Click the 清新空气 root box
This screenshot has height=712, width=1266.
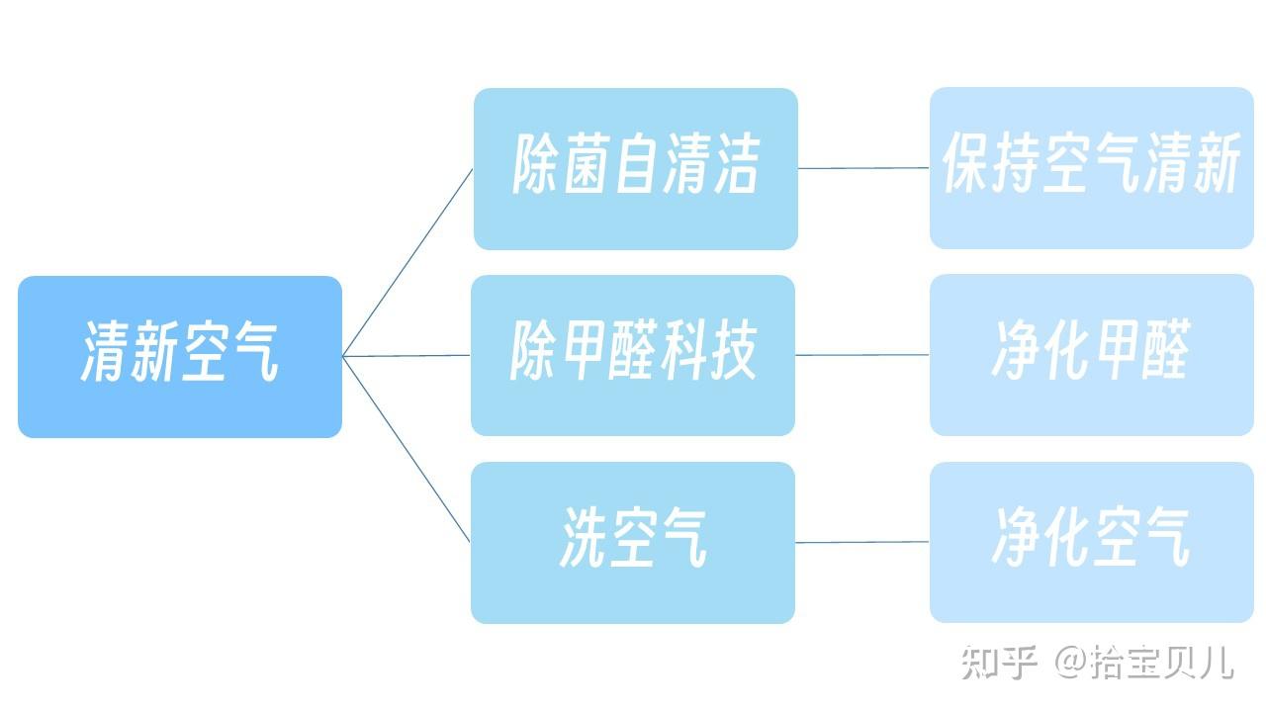click(180, 356)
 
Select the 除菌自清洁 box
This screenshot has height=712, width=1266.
click(635, 168)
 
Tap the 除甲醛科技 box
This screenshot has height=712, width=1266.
click(633, 355)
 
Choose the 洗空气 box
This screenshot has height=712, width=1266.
click(633, 542)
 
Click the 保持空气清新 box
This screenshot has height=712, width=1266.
click(1092, 167)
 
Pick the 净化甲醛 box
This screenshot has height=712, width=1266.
click(1092, 354)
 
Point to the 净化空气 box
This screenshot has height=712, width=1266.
click(1092, 542)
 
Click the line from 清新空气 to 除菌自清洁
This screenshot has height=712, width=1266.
click(407, 262)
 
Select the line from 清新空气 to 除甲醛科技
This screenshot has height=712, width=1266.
click(407, 355)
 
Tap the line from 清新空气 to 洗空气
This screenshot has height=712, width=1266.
click(407, 449)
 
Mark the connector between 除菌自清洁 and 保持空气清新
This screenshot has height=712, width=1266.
click(863, 168)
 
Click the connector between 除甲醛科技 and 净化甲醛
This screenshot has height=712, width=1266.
click(862, 354)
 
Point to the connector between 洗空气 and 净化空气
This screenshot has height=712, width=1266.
click(862, 542)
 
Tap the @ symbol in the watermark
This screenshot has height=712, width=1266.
click(1070, 662)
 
